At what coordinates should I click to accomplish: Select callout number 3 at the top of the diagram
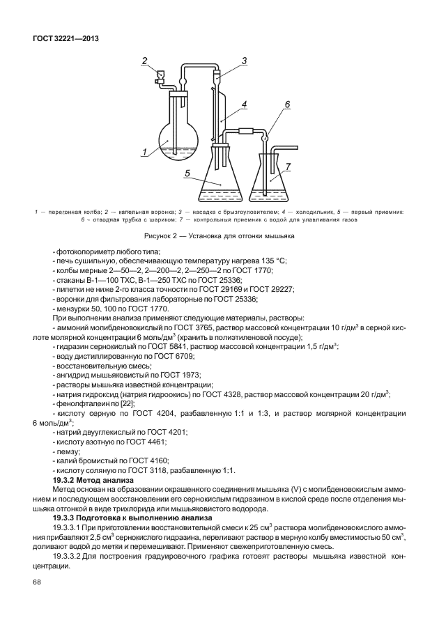coord(244,61)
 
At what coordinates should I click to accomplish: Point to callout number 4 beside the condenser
coord(245,104)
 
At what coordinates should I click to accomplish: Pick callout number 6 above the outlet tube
coord(286,105)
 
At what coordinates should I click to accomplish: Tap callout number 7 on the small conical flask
coord(288,168)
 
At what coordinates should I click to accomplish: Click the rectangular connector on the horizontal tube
coord(245,131)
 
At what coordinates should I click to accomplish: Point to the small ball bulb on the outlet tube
coord(265,138)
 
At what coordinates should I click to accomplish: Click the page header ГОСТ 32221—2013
coord(64,38)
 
